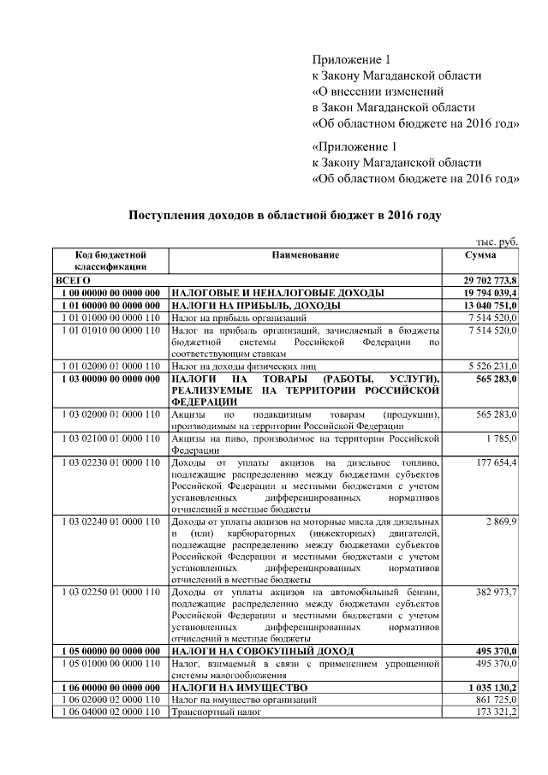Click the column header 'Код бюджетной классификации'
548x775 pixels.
(110, 260)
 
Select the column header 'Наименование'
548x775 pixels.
(306, 255)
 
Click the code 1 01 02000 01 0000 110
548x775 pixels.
(110, 366)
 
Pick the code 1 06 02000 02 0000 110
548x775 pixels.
(110, 700)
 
